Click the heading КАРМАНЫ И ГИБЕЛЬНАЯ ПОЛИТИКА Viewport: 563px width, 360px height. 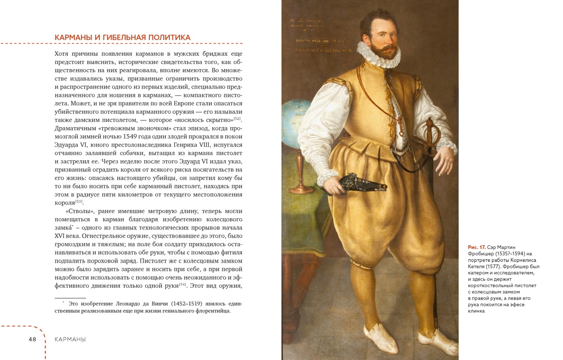[x=122, y=37]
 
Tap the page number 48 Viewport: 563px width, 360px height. [x=32, y=339]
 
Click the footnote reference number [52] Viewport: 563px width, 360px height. [x=237, y=119]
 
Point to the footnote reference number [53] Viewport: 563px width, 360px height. [x=79, y=201]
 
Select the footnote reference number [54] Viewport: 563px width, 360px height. [x=183, y=284]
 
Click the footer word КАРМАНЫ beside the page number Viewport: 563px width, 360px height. [x=70, y=339]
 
